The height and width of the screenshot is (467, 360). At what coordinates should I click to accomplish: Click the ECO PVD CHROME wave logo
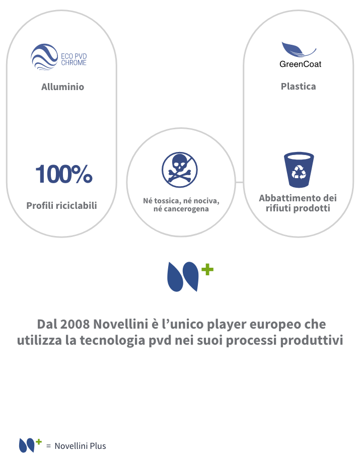[44, 57]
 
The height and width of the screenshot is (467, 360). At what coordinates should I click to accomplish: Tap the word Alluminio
[62, 87]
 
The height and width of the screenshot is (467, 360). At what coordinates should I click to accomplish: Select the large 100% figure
[64, 174]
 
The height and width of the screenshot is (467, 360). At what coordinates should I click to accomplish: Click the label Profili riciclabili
[62, 205]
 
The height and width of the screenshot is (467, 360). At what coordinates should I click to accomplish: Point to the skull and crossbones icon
[180, 170]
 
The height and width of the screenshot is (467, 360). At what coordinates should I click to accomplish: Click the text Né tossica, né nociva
[181, 201]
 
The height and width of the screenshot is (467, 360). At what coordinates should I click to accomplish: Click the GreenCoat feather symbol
[299, 49]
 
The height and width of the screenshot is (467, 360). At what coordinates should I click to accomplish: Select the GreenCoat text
[301, 64]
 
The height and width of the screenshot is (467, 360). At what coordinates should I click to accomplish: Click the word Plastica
[298, 87]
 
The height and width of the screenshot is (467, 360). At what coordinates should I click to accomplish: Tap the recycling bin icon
[299, 170]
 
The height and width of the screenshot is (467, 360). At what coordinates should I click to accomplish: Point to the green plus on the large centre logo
[207, 270]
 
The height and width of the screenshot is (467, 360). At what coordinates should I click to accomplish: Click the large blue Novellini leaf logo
[183, 277]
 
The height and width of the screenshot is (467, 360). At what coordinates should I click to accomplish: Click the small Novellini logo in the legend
[30, 445]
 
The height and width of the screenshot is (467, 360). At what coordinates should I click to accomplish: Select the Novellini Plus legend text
[80, 446]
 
